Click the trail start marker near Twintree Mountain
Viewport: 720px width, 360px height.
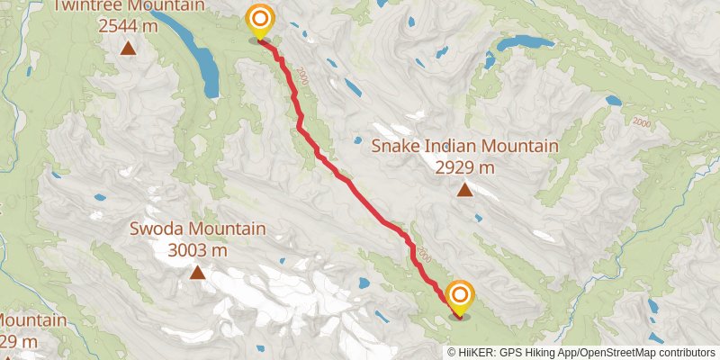[x=260, y=19]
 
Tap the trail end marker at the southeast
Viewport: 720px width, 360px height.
[x=460, y=295]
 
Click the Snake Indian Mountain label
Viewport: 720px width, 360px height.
[x=465, y=146]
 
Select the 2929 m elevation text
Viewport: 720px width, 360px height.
[x=464, y=167]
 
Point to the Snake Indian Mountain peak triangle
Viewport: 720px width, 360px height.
[x=464, y=189]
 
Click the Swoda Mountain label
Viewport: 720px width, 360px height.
[x=198, y=229]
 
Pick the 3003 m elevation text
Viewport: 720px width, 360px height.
[x=197, y=250]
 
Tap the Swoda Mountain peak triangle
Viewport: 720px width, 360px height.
[x=197, y=272]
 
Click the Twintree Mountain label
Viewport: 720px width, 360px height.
[x=128, y=6]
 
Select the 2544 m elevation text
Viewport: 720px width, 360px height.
[x=129, y=26]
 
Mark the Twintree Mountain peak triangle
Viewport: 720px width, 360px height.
[x=129, y=48]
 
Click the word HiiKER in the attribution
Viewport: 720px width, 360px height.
[x=473, y=353]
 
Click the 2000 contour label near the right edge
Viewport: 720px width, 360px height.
[x=641, y=122]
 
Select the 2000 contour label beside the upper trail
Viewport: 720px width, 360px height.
[x=301, y=79]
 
